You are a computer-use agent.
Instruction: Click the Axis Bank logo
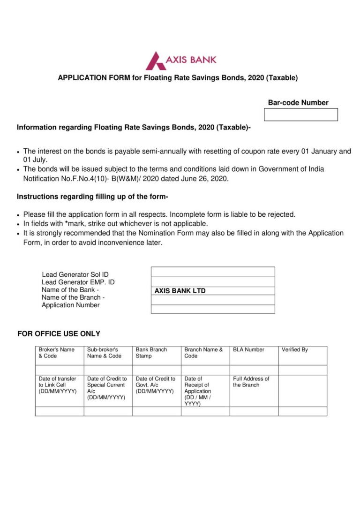point(181,61)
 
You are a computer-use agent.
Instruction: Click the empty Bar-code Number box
point(300,114)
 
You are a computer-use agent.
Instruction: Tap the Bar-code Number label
point(298,103)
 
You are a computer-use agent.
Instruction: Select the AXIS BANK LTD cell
point(213,291)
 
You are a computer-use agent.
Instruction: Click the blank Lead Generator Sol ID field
point(213,272)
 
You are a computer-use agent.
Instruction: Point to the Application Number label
point(70,305)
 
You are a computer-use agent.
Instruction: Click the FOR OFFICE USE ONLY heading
point(59,334)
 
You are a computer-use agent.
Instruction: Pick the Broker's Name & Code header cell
point(60,355)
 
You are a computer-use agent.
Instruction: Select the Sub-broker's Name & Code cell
point(108,355)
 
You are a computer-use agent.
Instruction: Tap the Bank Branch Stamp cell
point(157,355)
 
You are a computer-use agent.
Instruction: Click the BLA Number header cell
point(254,355)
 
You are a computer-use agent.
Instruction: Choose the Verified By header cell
point(302,355)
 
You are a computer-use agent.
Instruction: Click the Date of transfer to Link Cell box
point(60,390)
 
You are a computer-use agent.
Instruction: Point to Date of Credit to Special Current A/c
point(108,390)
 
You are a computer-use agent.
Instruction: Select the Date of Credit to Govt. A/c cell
point(157,390)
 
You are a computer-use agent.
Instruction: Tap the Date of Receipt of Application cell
point(205,390)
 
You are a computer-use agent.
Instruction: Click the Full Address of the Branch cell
point(254,390)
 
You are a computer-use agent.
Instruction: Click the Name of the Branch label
point(73,297)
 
